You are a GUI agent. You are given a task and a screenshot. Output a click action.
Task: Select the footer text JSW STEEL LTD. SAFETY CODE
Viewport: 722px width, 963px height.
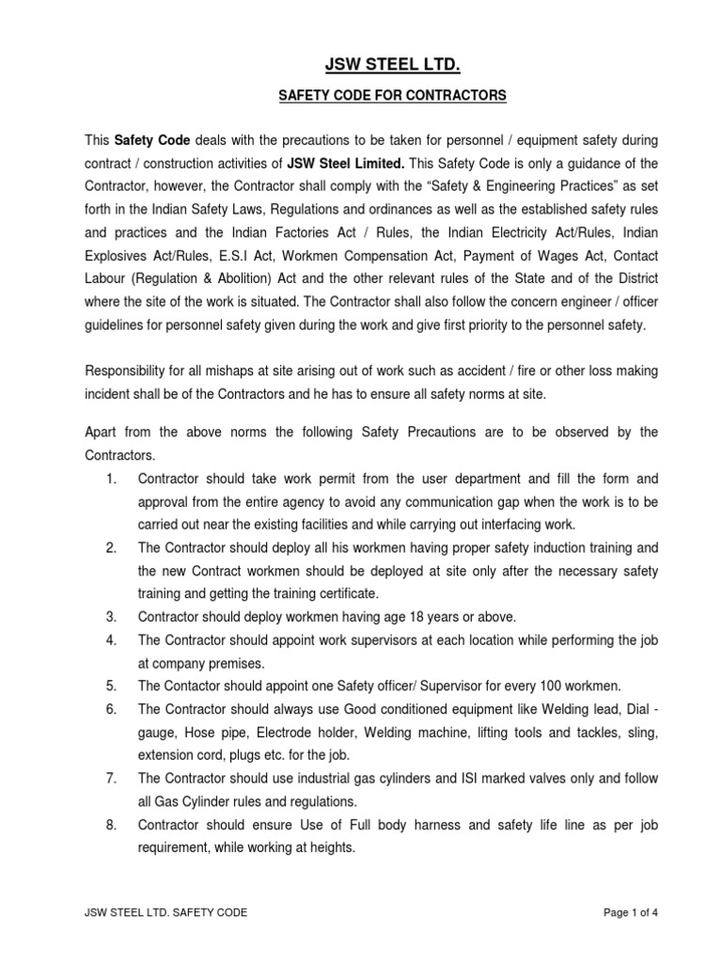tap(166, 913)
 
